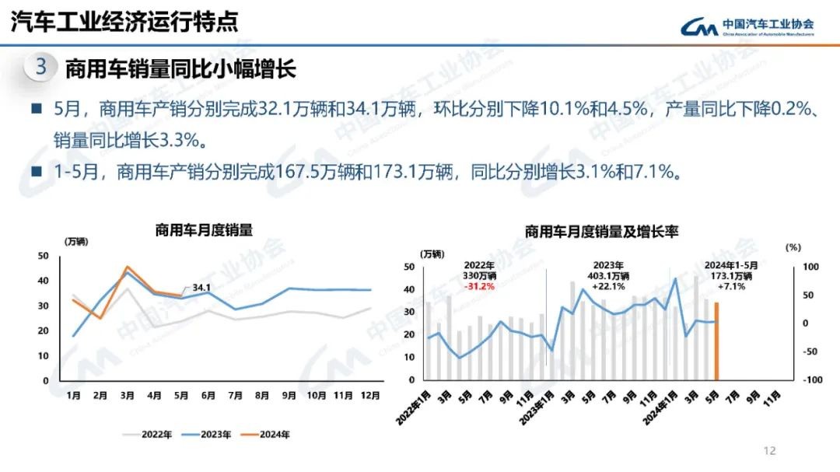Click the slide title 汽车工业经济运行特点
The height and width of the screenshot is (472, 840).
pyautogui.click(x=124, y=22)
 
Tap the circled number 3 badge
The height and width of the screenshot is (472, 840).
pyautogui.click(x=40, y=68)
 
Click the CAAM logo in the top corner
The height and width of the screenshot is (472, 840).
pyautogui.click(x=747, y=27)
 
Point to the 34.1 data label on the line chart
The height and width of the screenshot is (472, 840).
pyautogui.click(x=201, y=288)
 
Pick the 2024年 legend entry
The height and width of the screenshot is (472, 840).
pyautogui.click(x=266, y=435)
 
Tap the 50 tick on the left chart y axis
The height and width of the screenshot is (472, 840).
pyautogui.click(x=44, y=256)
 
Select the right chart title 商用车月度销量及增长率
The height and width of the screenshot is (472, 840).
pyautogui.click(x=601, y=231)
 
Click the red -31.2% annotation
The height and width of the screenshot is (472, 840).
pyautogui.click(x=479, y=286)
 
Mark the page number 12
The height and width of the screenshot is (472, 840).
pyautogui.click(x=770, y=450)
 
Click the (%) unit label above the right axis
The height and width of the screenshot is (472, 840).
pyautogui.click(x=793, y=247)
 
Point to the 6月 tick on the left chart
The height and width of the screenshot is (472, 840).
pyautogui.click(x=208, y=395)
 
